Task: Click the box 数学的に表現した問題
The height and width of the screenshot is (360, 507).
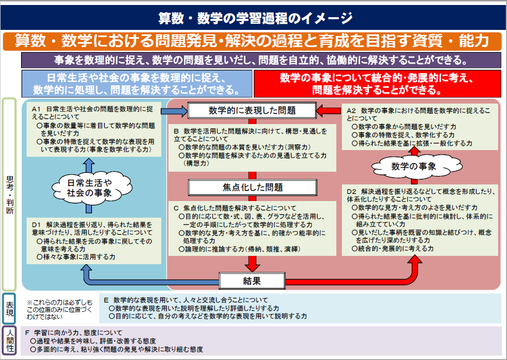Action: pyautogui.click(x=252, y=110)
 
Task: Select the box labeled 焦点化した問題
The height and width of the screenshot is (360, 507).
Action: pyautogui.click(x=252, y=187)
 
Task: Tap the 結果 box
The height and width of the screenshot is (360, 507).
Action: pyautogui.click(x=252, y=280)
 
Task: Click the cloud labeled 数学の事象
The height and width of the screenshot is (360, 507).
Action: pyautogui.click(x=413, y=166)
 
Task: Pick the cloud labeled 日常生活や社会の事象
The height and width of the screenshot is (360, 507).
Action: pyautogui.click(x=89, y=188)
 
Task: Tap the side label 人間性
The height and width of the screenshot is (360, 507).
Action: pyautogui.click(x=10, y=340)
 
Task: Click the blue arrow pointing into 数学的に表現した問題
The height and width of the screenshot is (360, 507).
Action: pyautogui.click(x=174, y=111)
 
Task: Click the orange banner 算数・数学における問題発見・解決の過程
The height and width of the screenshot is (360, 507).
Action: pyautogui.click(x=252, y=41)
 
